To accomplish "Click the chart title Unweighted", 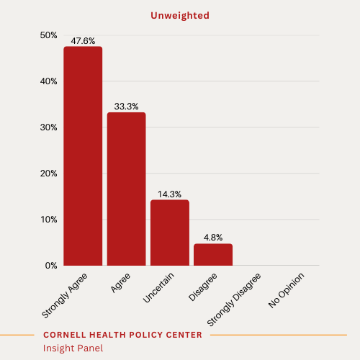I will click(x=180, y=14).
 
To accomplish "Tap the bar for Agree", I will click(x=127, y=189).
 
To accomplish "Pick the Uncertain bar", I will click(x=170, y=233).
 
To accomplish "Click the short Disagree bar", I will click(x=213, y=255).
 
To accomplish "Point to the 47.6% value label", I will click(x=83, y=41).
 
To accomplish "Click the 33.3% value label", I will click(x=127, y=107).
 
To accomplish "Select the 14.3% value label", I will click(x=170, y=194).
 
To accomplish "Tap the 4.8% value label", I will click(x=213, y=238).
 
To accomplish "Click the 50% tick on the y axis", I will click(x=48, y=35).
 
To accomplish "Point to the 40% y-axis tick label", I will click(x=48, y=81).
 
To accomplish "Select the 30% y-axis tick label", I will click(x=48, y=127).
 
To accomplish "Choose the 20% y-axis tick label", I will click(x=48, y=174).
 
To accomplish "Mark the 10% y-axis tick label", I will click(x=48, y=220).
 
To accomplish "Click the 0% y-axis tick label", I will click(x=50, y=266).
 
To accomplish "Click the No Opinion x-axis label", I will click(x=287, y=290).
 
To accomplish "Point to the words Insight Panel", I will click(x=73, y=348).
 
